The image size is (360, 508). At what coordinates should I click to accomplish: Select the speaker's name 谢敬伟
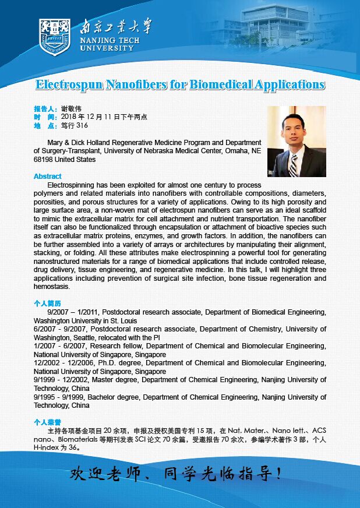click(71, 109)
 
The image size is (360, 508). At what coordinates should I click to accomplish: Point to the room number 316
click(82, 125)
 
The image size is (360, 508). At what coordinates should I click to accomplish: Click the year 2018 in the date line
click(69, 117)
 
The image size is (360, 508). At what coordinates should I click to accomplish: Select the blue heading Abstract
click(47, 177)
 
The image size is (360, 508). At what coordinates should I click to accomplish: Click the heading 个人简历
click(47, 304)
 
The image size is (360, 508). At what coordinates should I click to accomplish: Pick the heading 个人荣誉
click(47, 422)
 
